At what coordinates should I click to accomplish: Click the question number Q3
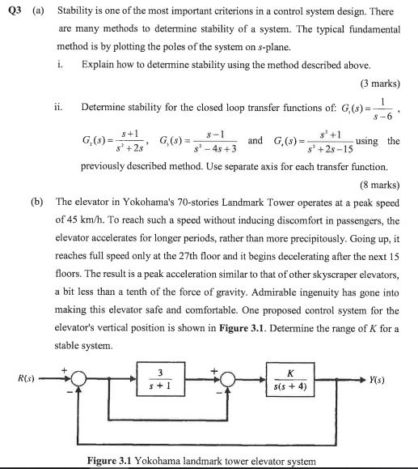tap(11, 12)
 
